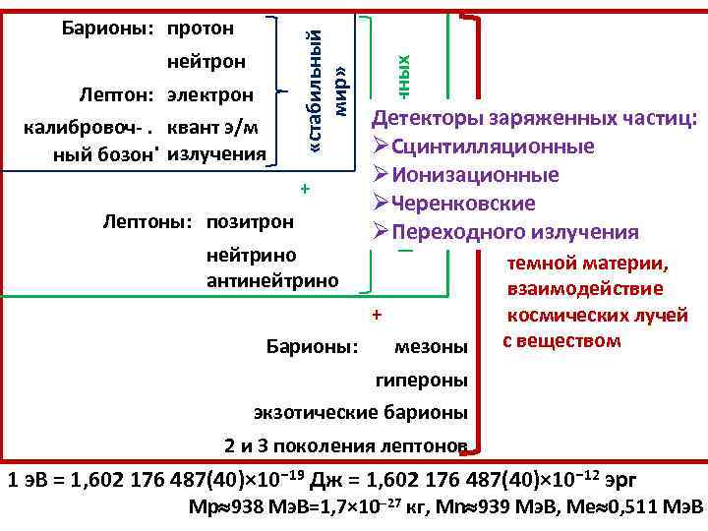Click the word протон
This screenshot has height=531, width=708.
coord(201,26)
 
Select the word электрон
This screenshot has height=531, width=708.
coord(210,95)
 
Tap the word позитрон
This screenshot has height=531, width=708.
coord(250,221)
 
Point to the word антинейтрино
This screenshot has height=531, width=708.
coord(272,280)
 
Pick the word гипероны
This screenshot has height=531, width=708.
coord(423,380)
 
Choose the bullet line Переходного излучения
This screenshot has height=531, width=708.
coord(505,232)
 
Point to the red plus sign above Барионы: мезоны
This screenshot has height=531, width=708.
coord(375,315)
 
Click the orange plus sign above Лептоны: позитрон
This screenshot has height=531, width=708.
coord(306,188)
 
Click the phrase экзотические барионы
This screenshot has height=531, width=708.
coord(360,412)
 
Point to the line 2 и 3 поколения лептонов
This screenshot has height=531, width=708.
coord(345,446)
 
